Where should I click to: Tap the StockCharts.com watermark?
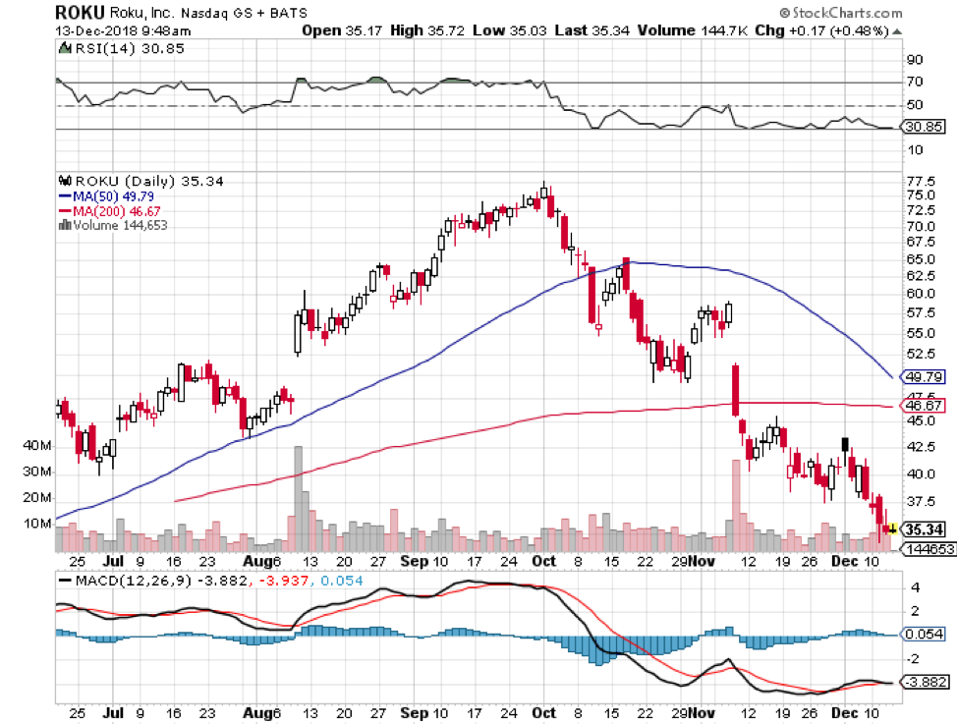(841, 13)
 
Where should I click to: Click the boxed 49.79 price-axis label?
(926, 376)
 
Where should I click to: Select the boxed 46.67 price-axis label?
(926, 405)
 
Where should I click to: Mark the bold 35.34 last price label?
(926, 529)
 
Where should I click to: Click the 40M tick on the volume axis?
(37, 445)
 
